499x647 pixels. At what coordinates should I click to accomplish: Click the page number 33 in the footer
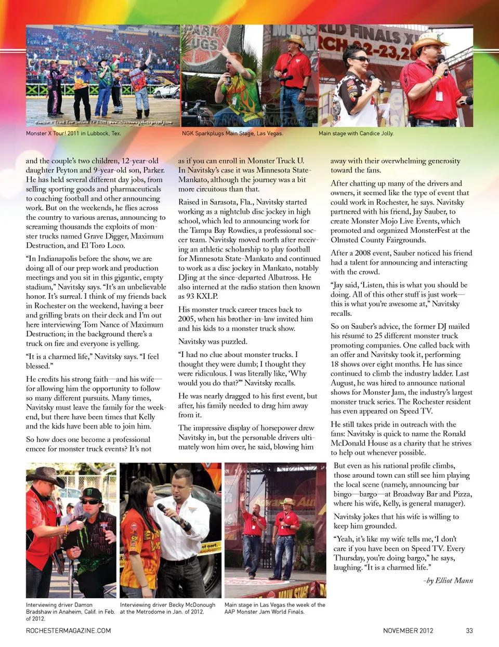469,630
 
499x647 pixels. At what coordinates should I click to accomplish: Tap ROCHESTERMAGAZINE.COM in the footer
68,630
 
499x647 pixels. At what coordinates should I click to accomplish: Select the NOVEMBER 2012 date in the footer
408,630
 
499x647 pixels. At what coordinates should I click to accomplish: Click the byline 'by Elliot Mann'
448,580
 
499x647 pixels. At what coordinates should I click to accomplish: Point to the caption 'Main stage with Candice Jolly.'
356,134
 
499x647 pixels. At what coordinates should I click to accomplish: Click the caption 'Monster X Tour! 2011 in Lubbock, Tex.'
73,134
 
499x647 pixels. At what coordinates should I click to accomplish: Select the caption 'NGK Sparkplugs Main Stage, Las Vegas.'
232,134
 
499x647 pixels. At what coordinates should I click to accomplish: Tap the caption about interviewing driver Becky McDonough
167,608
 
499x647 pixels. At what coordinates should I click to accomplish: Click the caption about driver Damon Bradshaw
70,612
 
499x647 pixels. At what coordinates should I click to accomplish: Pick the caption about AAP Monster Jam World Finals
274,608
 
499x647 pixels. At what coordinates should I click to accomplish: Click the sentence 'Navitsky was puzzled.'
213,341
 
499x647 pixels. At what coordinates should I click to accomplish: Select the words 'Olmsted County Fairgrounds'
378,240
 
